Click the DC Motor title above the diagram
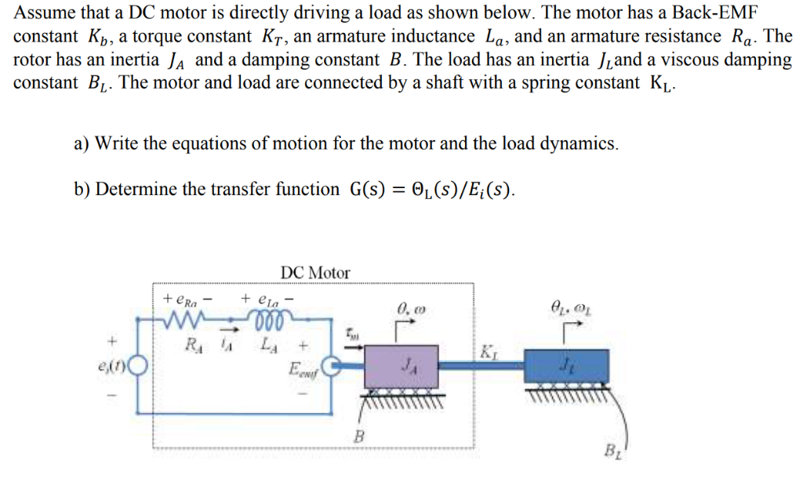pos(315,273)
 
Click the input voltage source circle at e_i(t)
pos(138,365)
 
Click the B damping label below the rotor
pos(359,437)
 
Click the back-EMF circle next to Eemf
pos(331,365)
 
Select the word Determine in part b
pos(138,189)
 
